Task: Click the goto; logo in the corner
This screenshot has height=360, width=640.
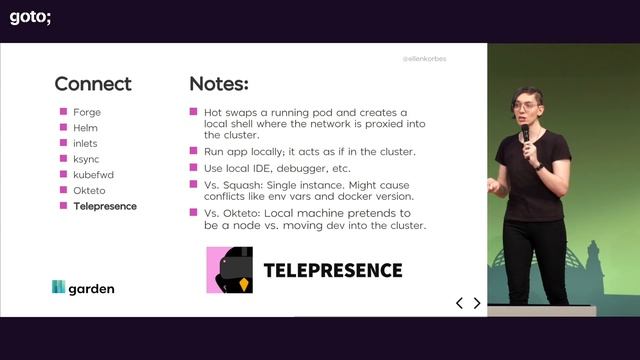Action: (x=30, y=15)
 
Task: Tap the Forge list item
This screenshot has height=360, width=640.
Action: (x=87, y=112)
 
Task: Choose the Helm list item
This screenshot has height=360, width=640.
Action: (x=85, y=128)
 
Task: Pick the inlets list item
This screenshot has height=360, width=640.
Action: (x=85, y=143)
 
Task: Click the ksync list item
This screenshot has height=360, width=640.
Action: (x=86, y=159)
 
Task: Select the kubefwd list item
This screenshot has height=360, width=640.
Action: (x=92, y=174)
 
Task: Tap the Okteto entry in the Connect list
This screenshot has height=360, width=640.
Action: (x=89, y=190)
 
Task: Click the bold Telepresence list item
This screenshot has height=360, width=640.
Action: (x=105, y=206)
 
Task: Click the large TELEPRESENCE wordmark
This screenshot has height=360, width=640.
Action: (x=332, y=270)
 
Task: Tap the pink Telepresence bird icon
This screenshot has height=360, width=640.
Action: (x=229, y=270)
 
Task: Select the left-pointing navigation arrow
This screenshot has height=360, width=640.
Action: (x=460, y=303)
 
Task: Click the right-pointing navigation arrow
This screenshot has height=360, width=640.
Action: (x=477, y=303)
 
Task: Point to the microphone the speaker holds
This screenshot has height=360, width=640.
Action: (x=525, y=133)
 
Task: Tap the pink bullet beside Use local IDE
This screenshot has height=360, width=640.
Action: (x=194, y=168)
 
